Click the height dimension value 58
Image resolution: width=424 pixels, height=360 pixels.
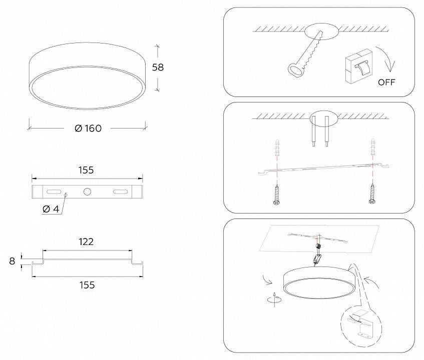coord(158,67)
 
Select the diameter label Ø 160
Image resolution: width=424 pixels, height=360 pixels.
coord(88,128)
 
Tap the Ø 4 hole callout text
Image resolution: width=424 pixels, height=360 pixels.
coord(51,209)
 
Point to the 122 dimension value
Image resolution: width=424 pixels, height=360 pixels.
coord(86,241)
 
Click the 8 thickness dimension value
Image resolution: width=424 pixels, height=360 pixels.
coord(12,261)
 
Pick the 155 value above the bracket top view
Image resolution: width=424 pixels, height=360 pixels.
coord(86,170)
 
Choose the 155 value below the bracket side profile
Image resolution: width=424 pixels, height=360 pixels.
coord(87,285)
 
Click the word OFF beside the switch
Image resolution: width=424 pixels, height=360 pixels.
coord(386,82)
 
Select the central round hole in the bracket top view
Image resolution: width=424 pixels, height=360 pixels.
coord(87,191)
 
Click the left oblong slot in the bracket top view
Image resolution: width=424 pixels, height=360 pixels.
coord(54,191)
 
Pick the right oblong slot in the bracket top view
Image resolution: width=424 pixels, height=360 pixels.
coord(120,191)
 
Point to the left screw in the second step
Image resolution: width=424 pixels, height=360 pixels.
coord(276,194)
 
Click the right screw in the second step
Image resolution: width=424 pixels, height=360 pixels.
coord(372,193)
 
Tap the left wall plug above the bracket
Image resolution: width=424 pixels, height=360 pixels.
coord(277,147)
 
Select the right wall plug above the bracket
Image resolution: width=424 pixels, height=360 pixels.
coord(373,147)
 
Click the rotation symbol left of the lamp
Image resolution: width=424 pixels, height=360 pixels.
coord(274,299)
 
